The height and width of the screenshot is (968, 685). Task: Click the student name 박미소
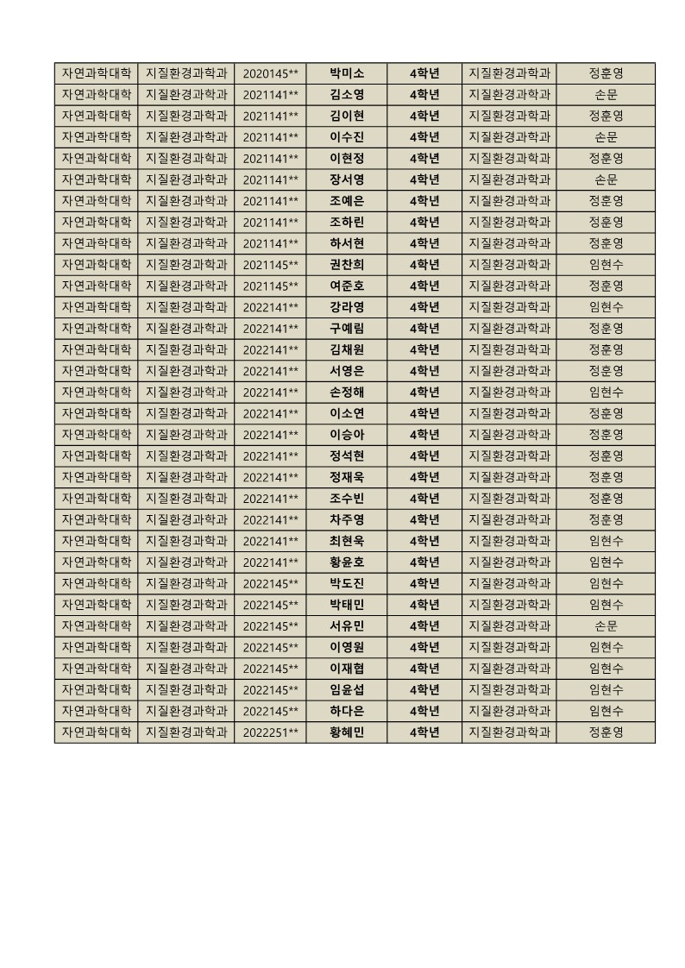pos(347,73)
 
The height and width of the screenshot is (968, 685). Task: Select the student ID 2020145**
pos(270,73)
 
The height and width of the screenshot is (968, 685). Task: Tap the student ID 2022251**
pos(270,732)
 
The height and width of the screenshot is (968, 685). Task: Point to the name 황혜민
pos(347,732)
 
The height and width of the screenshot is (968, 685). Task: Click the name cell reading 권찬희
pos(347,265)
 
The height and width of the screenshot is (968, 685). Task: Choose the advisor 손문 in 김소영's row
pos(606,95)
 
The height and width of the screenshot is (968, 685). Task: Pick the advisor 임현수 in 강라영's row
pos(606,307)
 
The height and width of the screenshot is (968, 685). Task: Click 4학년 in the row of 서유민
pos(424,626)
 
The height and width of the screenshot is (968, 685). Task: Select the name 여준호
pos(347,286)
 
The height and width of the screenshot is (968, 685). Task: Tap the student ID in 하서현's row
pos(270,243)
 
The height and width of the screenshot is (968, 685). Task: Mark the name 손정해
pos(347,393)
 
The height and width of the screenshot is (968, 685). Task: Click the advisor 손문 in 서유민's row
pos(606,626)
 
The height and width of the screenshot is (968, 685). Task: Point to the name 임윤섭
pos(347,690)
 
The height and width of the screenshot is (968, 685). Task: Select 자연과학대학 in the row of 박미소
pos(96,73)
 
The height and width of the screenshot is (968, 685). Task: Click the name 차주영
pos(347,520)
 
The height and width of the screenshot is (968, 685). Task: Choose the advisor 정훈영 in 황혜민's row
pos(606,732)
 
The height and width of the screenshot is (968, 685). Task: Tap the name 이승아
pos(347,435)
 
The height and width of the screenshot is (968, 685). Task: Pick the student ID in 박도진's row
pos(270,584)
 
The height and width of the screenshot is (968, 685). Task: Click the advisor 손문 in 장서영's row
pos(606,179)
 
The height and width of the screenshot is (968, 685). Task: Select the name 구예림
pos(347,329)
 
